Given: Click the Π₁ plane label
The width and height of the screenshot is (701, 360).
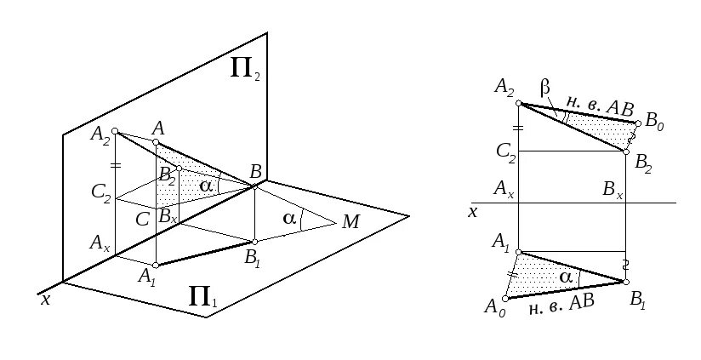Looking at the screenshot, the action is (x=202, y=299).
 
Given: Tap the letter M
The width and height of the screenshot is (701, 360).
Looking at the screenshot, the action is (x=350, y=222).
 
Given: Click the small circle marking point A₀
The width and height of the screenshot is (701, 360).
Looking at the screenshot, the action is (x=506, y=298).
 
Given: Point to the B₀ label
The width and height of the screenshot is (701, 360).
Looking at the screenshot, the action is (x=654, y=123).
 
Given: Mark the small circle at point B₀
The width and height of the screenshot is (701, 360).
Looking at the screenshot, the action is (x=637, y=123).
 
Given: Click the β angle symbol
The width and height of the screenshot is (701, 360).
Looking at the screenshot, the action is (x=546, y=88).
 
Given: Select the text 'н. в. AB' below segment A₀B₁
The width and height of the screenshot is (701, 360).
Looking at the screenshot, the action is (x=561, y=305).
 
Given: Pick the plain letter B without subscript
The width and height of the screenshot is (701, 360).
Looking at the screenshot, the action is (x=255, y=170).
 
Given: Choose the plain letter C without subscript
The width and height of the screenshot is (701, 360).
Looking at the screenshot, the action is (x=142, y=217).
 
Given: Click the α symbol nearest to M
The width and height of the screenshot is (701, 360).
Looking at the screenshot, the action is (x=289, y=219).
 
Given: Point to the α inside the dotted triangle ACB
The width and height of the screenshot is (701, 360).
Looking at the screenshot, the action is (x=204, y=185).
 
